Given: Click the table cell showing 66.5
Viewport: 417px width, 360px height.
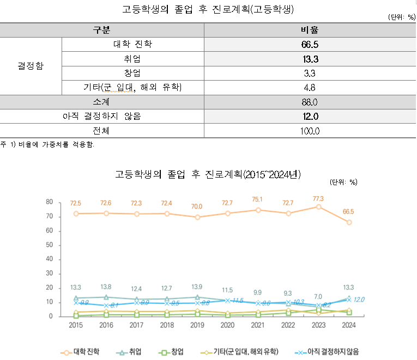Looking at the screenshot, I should coord(309,44).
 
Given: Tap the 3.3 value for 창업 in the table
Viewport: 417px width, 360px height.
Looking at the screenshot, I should coord(309,73).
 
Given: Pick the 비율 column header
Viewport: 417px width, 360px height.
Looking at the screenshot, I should coord(309,29).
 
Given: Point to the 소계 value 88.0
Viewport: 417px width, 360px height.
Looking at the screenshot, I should coord(309,102).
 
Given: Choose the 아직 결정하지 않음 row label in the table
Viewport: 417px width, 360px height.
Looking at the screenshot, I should coord(102,116).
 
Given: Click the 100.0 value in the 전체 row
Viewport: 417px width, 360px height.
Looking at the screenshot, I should coord(309,131).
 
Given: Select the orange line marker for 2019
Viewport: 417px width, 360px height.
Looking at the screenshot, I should coord(197,217).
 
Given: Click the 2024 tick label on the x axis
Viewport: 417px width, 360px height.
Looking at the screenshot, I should coord(349,325).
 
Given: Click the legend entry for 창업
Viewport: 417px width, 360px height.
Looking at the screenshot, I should coord(176,352).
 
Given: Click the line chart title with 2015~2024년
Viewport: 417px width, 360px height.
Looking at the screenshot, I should coord(208,174).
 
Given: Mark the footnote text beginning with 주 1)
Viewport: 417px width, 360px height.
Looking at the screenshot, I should coord(48,144).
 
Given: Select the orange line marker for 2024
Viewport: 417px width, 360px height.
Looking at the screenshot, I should coord(349,222).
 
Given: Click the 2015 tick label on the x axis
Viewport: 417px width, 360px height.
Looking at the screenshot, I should coord(76,325).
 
